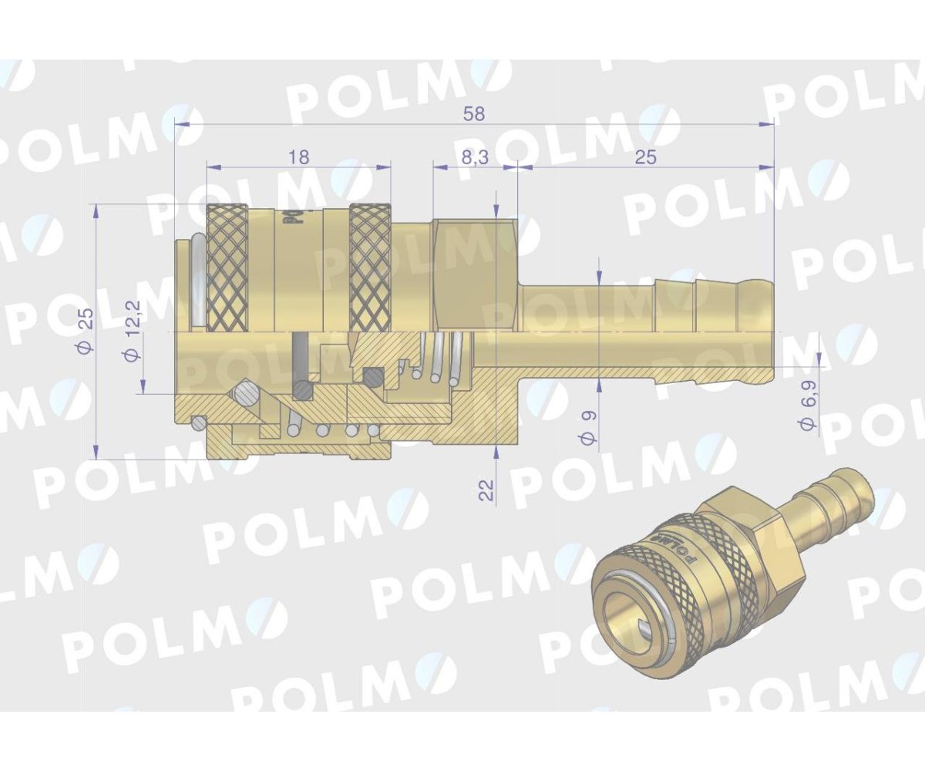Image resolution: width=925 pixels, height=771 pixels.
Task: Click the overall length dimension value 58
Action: [475, 113]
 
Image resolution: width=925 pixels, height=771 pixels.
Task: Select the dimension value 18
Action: [298, 157]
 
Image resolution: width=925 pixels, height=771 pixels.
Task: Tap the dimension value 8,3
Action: [475, 157]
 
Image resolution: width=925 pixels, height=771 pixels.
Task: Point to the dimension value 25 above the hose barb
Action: [645, 157]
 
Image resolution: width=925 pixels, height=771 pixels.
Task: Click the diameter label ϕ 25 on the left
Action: [86, 331]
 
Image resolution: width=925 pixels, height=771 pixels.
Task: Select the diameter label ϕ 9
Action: [589, 426]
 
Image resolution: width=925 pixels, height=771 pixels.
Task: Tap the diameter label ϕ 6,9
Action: [808, 414]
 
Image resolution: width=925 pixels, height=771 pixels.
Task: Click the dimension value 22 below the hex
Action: [486, 490]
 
